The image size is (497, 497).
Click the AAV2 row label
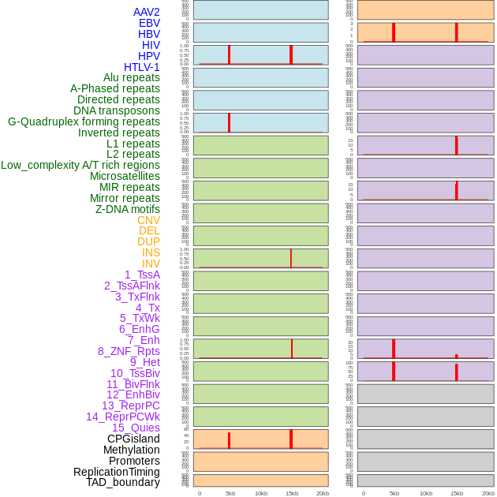(146, 12)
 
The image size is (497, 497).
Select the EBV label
(149, 23)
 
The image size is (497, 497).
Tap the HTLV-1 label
(141, 67)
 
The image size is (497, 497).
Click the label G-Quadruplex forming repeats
(84, 121)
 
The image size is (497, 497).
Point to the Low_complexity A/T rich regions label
(80, 165)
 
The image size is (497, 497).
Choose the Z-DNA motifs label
(128, 209)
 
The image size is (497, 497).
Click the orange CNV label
(148, 220)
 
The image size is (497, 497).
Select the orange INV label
(151, 263)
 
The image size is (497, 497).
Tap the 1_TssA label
(142, 275)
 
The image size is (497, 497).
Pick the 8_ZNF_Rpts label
(129, 351)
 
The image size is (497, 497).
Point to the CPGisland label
(133, 439)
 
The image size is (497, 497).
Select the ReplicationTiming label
(117, 472)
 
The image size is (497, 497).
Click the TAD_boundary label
(123, 482)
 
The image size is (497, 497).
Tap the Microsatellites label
(125, 176)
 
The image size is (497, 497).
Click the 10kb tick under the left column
(261, 493)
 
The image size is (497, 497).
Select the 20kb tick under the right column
(488, 493)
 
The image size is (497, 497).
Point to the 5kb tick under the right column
(394, 493)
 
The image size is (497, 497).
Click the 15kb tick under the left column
(292, 493)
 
